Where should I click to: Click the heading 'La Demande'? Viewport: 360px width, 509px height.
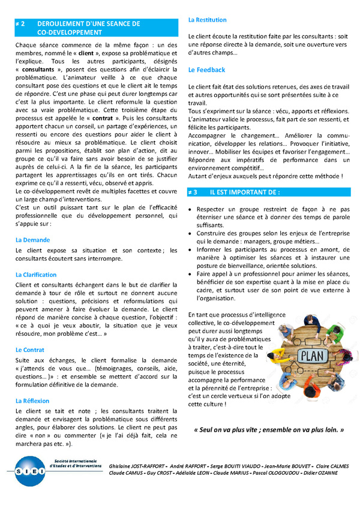pyautogui.click(x=32, y=239)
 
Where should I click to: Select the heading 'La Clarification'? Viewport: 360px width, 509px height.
pyautogui.click(x=37, y=274)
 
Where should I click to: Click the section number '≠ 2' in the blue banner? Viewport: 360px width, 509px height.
pyautogui.click(x=20, y=24)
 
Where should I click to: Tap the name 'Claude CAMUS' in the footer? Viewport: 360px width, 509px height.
pyautogui.click(x=127, y=472)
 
